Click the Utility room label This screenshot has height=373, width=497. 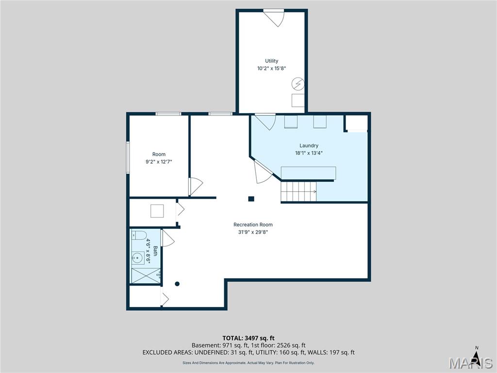point(272,61)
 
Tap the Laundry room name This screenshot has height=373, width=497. point(309,146)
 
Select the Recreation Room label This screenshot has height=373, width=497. point(253,224)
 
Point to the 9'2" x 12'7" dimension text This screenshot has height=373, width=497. point(159,162)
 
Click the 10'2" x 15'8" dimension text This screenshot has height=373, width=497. point(272,68)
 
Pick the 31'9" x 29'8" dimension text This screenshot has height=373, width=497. point(253,232)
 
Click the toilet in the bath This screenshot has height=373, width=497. point(139,236)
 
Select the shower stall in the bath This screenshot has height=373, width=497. point(146,276)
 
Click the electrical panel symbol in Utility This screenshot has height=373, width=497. point(298,84)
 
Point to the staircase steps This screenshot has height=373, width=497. point(298,191)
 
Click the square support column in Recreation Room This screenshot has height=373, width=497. point(251,199)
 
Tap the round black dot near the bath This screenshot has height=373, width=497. point(177,284)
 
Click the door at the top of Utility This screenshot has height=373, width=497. point(274,18)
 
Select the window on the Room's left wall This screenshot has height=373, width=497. point(128,157)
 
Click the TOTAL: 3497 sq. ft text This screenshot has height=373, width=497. point(248,338)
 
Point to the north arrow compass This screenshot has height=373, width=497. point(476,353)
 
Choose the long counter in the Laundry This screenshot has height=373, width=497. point(308,173)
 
